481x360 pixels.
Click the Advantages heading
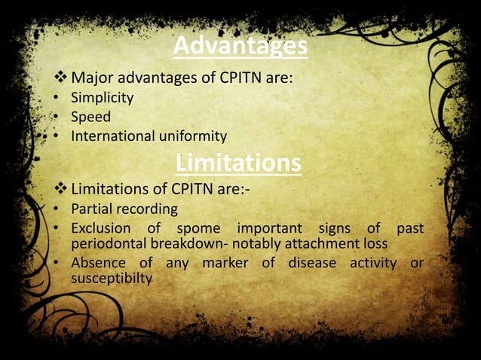click(x=240, y=47)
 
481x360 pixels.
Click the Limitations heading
click(x=238, y=162)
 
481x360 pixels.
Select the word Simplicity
click(x=102, y=97)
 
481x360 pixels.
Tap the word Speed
click(x=90, y=117)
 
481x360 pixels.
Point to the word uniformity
click(x=191, y=136)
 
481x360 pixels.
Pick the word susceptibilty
click(x=112, y=279)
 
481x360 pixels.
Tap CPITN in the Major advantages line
click(x=230, y=77)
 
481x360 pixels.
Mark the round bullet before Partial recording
click(x=57, y=209)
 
